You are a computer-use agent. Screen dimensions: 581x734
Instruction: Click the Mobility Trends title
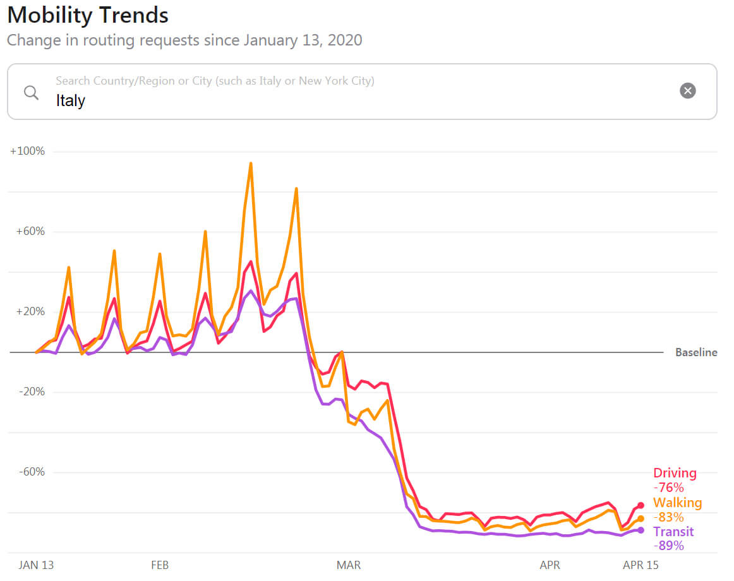pos(88,15)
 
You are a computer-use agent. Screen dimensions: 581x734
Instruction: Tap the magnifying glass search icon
pos(31,92)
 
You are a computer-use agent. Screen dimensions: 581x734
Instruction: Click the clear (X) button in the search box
pos(687,90)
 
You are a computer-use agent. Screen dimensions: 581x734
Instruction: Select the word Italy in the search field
pos(70,100)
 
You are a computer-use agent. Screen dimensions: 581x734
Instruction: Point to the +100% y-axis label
pos(27,152)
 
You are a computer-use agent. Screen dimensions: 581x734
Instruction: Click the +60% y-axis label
pos(30,232)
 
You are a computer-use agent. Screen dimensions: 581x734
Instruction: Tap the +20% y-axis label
pos(30,312)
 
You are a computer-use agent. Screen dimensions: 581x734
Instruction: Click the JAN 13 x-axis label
pos(36,565)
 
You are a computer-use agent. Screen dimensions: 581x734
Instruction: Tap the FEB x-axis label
pos(160,565)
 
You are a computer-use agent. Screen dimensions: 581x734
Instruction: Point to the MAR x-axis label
pos(349,565)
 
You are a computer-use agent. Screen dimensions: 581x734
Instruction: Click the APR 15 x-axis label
pos(641,565)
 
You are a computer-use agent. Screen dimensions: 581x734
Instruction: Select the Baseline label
pos(696,352)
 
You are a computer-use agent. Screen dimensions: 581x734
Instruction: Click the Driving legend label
pos(675,473)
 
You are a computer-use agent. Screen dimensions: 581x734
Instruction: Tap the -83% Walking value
pos(668,517)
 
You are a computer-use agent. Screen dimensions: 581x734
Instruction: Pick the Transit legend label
pos(673,532)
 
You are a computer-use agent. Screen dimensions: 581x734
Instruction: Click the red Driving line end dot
pos(641,505)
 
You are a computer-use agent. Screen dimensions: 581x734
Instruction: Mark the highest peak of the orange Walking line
pos(251,163)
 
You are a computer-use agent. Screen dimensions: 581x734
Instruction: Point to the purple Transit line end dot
pos(641,530)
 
